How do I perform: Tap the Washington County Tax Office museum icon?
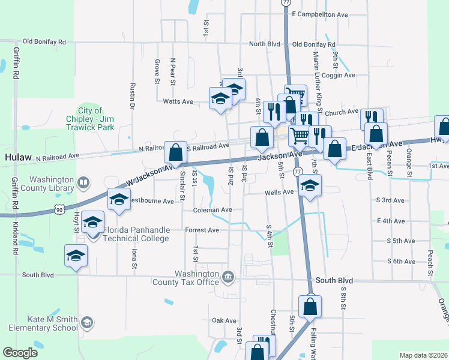[228, 277]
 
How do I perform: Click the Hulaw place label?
[17, 157]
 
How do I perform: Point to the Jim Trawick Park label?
[89, 119]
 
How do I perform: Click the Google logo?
[20, 353]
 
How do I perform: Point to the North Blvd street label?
[265, 44]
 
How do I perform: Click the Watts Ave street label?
[178, 101]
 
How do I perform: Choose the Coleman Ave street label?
[212, 210]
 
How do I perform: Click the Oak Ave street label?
[221, 320]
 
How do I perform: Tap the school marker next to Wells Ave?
[310, 185]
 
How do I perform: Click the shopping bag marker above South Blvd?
[310, 305]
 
